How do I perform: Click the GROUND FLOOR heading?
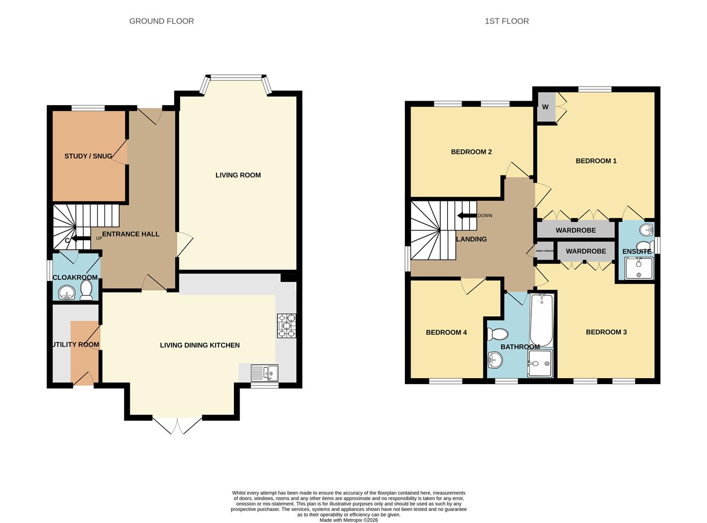coord(161,21)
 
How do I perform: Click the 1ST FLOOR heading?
coord(507,21)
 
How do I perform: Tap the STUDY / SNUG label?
coord(88,156)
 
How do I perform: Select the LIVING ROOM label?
coord(238,175)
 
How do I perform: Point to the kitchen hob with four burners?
coord(286,326)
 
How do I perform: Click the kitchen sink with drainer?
coord(264,373)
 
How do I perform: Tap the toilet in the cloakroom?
coord(86,291)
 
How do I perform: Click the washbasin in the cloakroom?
coord(65,292)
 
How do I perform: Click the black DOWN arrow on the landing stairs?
coord(467,215)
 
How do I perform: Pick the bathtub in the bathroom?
coord(541,320)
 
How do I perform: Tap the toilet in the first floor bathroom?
coord(497,334)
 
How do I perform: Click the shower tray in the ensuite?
coord(639,268)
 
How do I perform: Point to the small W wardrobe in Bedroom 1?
coord(546,107)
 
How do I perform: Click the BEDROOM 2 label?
coord(471,152)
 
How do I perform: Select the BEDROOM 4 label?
coord(446,332)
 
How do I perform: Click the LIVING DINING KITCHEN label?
coord(200,345)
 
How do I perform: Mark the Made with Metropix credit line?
coord(349,520)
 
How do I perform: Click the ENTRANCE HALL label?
coord(131,234)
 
